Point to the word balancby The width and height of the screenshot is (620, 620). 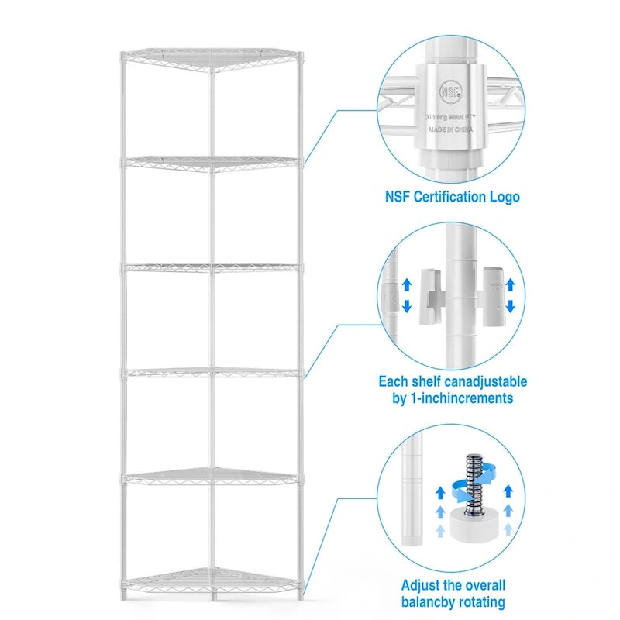429,601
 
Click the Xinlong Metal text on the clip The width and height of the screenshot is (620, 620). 452,115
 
